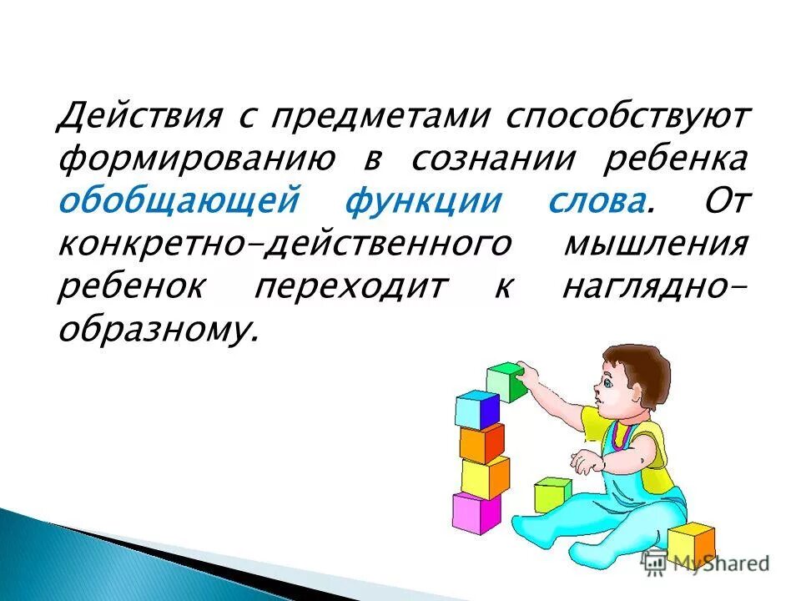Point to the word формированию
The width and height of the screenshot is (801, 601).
click(x=196, y=159)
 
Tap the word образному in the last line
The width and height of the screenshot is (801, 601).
click(x=154, y=331)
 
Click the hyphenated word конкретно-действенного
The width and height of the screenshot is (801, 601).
click(x=285, y=245)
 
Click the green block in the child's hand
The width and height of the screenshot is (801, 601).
click(x=506, y=381)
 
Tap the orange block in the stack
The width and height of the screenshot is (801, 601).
click(x=481, y=442)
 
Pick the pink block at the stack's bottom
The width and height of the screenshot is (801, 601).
click(x=476, y=512)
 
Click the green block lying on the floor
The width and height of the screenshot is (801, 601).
click(x=552, y=494)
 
